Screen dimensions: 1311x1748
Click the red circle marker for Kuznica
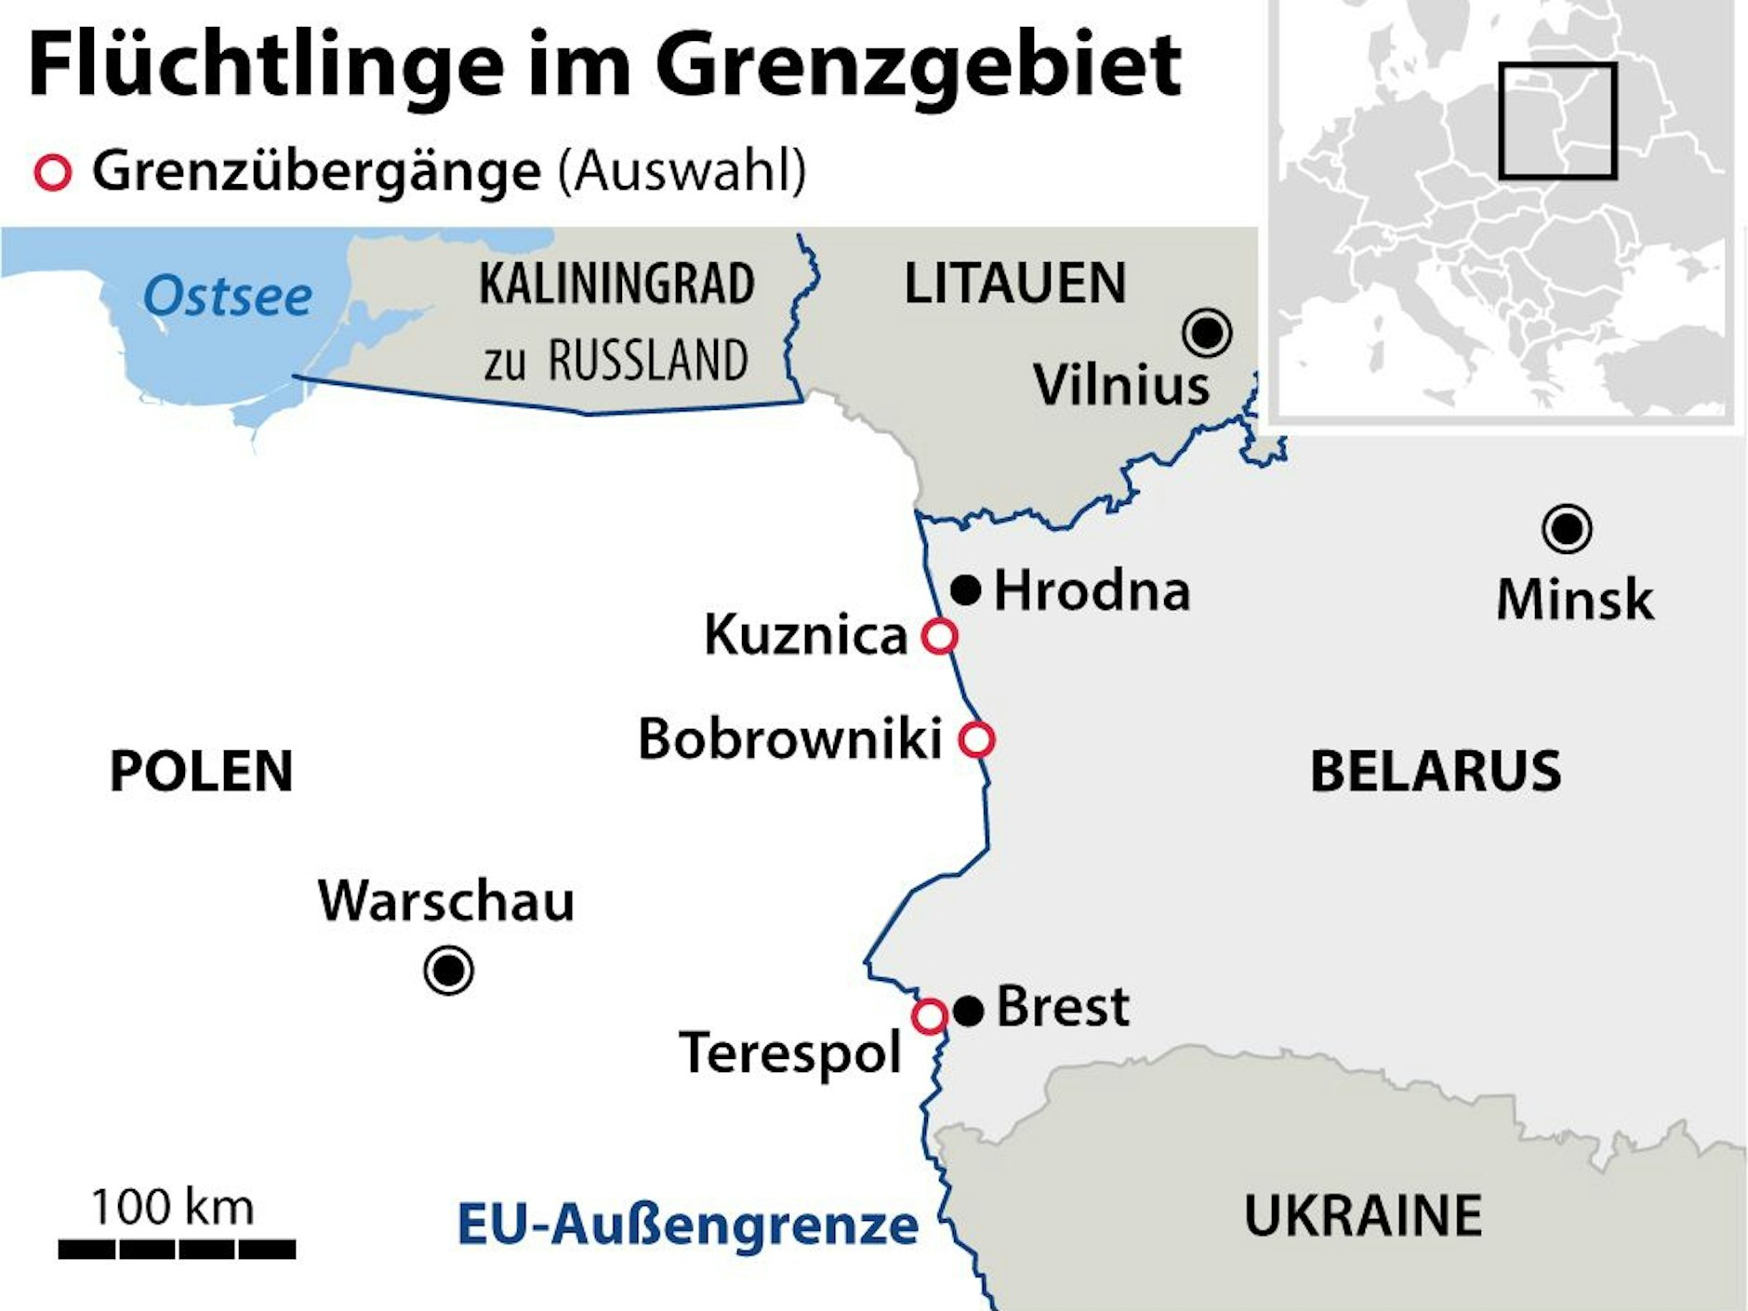(x=939, y=637)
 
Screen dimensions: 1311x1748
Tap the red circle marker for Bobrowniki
(x=976, y=740)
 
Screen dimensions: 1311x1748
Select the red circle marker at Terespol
(x=929, y=1016)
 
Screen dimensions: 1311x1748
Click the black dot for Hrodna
(x=966, y=589)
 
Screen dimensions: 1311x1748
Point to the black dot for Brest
(x=969, y=1011)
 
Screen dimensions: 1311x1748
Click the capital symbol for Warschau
(x=449, y=971)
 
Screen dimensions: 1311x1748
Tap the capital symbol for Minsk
(x=1567, y=529)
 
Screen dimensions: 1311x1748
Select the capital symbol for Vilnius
(x=1208, y=332)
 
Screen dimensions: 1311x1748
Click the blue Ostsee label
(x=228, y=297)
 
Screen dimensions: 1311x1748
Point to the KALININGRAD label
(x=616, y=285)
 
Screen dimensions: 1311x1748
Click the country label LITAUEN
(x=1015, y=284)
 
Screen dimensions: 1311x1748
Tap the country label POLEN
(x=201, y=771)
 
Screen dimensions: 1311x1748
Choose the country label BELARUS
(x=1435, y=771)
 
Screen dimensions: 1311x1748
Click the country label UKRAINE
(x=1363, y=1215)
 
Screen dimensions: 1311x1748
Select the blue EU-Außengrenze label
(x=688, y=1225)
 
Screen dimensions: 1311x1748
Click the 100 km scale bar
(x=177, y=1249)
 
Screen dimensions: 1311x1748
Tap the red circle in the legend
(x=53, y=173)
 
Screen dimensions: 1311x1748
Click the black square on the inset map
(x=1557, y=121)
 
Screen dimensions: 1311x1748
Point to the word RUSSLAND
(x=648, y=361)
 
